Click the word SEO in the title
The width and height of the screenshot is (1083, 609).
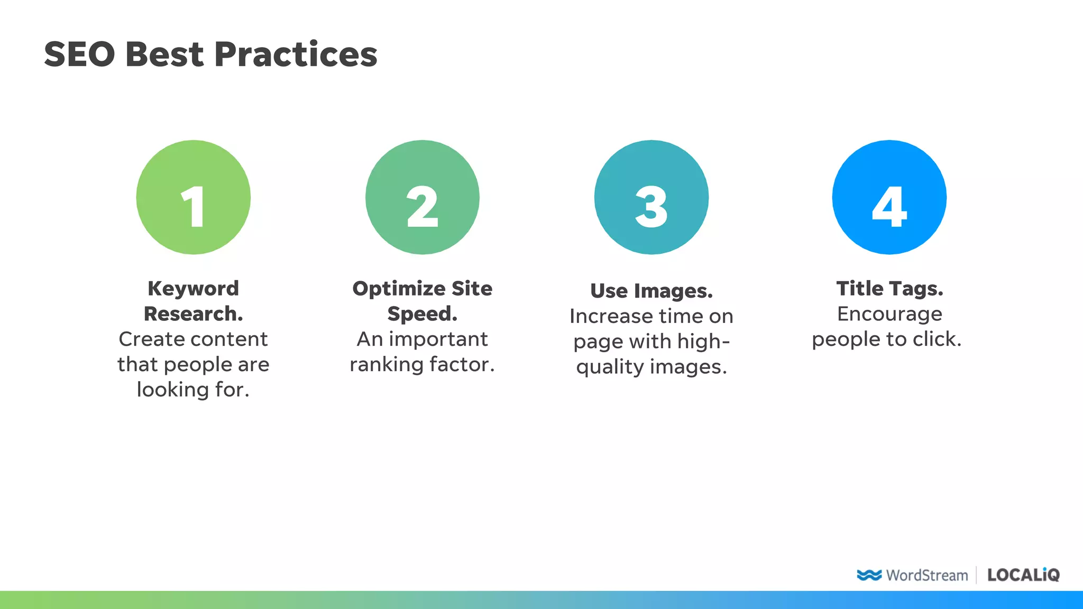[79, 54]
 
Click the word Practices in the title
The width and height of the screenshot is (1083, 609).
[296, 54]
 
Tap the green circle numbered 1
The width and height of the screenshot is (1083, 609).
[194, 197]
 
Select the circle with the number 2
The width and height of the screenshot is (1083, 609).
[423, 197]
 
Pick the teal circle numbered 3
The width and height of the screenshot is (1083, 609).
[651, 197]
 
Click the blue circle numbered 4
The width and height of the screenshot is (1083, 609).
[889, 197]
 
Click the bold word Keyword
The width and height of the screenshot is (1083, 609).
[194, 289]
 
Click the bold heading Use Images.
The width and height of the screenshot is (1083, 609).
[651, 291]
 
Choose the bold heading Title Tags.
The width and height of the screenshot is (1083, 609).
[889, 289]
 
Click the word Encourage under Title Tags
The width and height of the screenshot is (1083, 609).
[889, 314]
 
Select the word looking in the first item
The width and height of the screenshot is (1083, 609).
[173, 390]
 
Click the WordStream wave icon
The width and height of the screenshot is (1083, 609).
[869, 575]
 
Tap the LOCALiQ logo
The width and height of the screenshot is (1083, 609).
[1023, 575]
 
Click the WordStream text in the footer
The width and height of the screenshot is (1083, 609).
[927, 575]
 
